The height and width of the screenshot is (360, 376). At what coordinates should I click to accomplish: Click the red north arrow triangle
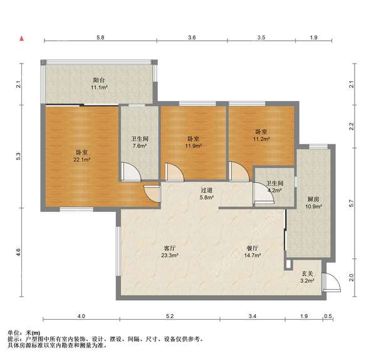[22, 38]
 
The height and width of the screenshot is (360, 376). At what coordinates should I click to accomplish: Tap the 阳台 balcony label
[99, 80]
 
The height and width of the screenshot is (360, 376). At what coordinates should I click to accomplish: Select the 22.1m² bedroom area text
[81, 159]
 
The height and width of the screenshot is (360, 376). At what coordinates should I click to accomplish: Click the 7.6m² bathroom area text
[140, 146]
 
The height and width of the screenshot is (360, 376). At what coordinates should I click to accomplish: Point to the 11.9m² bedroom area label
[193, 146]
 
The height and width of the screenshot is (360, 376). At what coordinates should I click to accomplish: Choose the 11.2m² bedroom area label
[261, 139]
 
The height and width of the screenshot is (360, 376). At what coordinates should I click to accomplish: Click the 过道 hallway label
[206, 190]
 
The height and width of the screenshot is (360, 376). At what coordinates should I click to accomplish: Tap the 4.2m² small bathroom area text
[274, 191]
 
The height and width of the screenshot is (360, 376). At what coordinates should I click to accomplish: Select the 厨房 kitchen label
[313, 199]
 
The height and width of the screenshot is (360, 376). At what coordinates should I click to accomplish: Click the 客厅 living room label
[170, 248]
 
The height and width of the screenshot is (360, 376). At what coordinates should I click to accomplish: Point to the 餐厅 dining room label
[253, 248]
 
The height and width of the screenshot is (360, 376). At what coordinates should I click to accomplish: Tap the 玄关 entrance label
[308, 273]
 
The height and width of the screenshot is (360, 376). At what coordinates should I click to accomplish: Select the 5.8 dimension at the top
[100, 38]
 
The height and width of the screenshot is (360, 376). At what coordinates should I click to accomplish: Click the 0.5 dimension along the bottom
[328, 316]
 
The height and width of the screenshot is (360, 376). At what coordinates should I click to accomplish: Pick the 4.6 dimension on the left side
[19, 252]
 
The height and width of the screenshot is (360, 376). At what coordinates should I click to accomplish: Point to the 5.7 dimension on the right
[352, 204]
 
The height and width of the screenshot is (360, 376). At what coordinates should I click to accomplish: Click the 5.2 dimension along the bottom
[170, 316]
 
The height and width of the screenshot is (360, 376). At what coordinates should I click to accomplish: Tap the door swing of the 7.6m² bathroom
[131, 172]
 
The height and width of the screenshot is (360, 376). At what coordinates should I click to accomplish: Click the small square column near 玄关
[288, 264]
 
